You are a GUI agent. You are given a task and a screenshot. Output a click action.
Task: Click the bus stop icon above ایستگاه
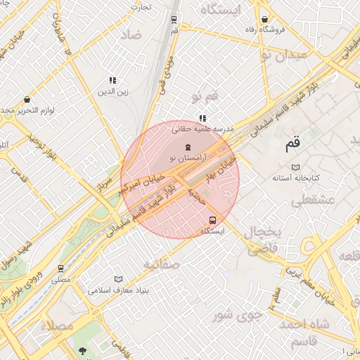pos(213,219)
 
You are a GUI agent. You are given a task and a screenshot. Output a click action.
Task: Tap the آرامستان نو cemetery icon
pos(188,148)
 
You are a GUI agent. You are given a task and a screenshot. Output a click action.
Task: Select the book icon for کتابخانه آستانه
pos(296,167)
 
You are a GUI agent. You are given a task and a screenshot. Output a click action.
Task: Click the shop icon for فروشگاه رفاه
pos(264,20)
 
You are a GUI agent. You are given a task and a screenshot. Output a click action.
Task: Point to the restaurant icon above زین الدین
pos(112,81)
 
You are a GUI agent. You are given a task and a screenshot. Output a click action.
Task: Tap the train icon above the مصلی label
pos(61,268)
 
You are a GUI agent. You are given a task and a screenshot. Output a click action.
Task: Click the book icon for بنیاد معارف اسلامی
pos(118,278)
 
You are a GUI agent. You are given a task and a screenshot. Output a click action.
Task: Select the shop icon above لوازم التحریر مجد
pos(27,100)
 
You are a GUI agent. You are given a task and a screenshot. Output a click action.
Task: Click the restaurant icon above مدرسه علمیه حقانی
pos(202,118)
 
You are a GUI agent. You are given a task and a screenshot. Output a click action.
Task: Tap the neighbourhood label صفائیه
pos(162,264)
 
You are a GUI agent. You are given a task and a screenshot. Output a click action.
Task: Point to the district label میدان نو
pos(283,54)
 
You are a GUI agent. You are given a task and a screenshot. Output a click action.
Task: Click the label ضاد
pos(131,34)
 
